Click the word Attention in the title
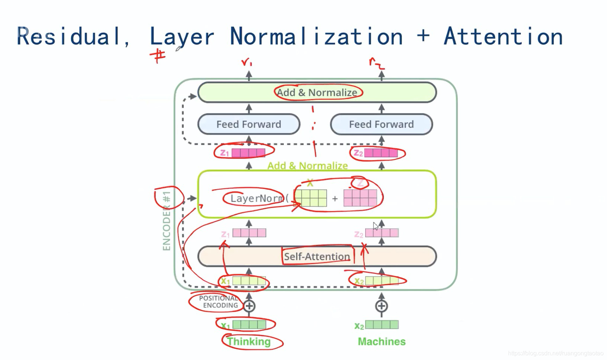(x=503, y=36)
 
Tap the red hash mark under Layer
(x=158, y=57)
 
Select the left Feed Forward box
(x=249, y=124)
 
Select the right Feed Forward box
(x=381, y=124)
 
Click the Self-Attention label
(x=317, y=256)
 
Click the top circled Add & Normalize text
(x=317, y=93)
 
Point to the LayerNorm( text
(x=259, y=198)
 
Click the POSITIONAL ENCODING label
(x=219, y=302)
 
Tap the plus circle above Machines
(x=381, y=306)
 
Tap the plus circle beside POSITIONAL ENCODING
(x=249, y=306)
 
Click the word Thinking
(x=249, y=341)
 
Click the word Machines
(x=382, y=341)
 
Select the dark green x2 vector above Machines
(x=382, y=325)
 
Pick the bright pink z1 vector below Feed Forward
(x=248, y=153)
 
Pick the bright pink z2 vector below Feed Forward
(x=381, y=153)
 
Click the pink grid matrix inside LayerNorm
(x=360, y=198)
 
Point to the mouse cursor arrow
(x=376, y=226)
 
